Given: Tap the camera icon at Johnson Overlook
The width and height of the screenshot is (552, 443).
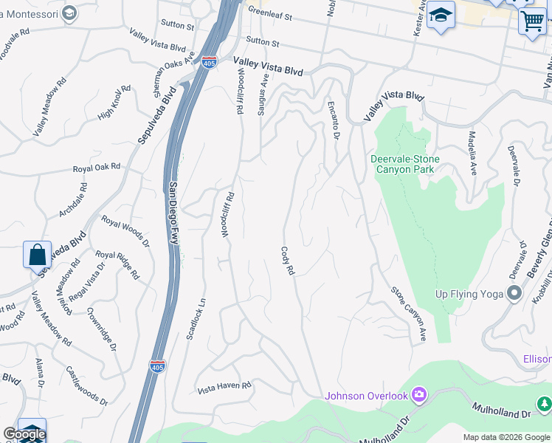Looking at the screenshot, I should pos(419,396).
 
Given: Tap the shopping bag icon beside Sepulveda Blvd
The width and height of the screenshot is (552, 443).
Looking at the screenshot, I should pos(38,255).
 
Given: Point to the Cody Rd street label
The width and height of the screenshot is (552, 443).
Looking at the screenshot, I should pos(287,261).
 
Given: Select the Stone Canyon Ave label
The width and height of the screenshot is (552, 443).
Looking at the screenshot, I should pos(409,314).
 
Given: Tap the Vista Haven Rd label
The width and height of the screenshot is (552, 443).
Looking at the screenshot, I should pos(224,386).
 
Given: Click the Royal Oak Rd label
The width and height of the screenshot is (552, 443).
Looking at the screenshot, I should pos(96,168).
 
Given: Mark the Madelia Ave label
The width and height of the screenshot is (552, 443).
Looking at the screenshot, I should pos(472,154).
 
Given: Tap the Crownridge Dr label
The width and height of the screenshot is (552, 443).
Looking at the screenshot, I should pos(102,332).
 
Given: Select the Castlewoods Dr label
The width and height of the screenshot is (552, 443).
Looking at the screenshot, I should pos(87,385).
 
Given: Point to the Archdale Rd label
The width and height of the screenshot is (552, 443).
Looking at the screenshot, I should pos(72,200).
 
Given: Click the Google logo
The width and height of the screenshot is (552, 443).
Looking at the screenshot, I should pos(24,435).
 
